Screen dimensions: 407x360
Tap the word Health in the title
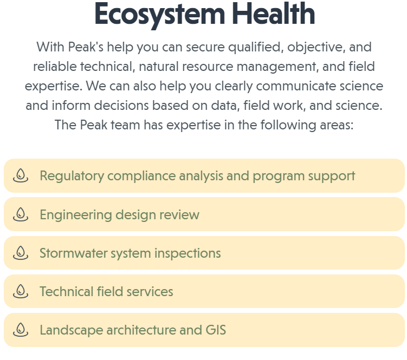[x=274, y=13]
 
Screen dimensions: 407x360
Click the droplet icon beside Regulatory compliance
[x=21, y=175]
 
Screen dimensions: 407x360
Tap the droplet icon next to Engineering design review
[x=21, y=214]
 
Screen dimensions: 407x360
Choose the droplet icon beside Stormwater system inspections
[x=21, y=253]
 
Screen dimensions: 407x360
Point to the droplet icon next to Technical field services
[x=21, y=291]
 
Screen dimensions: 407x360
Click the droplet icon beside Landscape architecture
[x=21, y=330]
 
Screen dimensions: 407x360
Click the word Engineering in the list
[x=76, y=215]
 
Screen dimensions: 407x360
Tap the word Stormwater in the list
[x=74, y=253]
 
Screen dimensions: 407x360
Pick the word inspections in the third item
[x=188, y=254]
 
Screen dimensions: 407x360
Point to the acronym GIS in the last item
[x=216, y=330]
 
